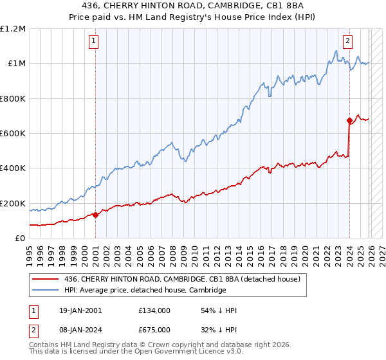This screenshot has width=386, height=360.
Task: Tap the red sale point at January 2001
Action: pos(95,215)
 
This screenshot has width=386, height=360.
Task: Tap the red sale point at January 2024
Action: pos(349,120)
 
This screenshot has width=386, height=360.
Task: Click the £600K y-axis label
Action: pos(13,134)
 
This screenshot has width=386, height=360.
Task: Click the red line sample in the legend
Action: pos(46,279)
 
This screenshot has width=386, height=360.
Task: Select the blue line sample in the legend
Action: pos(46,291)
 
